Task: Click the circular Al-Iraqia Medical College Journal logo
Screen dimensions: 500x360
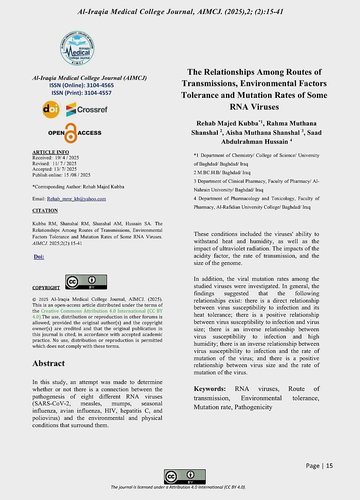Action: pyautogui.click(x=77, y=49)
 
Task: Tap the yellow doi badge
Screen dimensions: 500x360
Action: pyautogui.click(x=51, y=110)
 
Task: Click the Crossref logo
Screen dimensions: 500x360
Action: pyautogui.click(x=87, y=109)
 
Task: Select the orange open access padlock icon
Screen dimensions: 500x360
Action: pyautogui.click(x=71, y=133)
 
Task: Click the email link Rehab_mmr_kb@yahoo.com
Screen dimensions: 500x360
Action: pyautogui.click(x=76, y=199)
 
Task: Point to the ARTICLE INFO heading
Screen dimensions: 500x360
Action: pyautogui.click(x=50, y=152)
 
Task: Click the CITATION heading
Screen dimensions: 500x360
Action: pyautogui.click(x=45, y=210)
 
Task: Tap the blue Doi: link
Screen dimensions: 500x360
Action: pyautogui.click(x=39, y=257)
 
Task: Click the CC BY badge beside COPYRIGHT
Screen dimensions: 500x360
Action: pyautogui.click(x=86, y=282)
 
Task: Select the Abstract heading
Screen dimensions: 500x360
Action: pyautogui.click(x=48, y=363)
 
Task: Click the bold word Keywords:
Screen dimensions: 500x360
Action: pyautogui.click(x=210, y=389)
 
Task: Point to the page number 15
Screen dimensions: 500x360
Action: pyautogui.click(x=329, y=466)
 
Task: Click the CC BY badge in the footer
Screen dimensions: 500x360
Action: pyautogui.click(x=185, y=477)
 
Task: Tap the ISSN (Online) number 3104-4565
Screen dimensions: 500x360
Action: pyautogui.click(x=100, y=85)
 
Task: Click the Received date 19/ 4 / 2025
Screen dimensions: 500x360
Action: pyautogui.click(x=67, y=158)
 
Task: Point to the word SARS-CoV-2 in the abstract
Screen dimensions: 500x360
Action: pyautogui.click(x=51, y=404)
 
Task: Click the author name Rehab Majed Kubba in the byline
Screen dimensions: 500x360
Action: pyautogui.click(x=227, y=124)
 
